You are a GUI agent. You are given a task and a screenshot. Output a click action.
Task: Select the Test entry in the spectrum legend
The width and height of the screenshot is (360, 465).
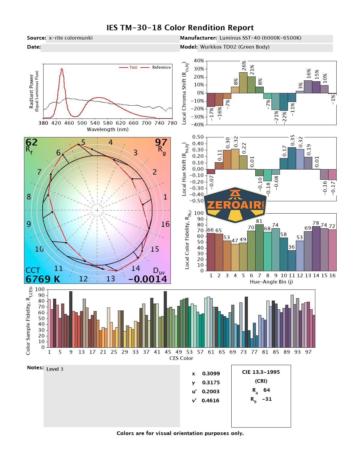[x=133, y=67]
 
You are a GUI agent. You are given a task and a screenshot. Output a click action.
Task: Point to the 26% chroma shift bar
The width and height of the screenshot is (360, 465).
[x=243, y=82]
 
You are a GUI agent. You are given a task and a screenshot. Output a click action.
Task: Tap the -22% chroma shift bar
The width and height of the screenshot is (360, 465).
[x=283, y=102]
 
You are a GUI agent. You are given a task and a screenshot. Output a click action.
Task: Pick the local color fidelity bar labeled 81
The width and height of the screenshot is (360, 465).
[x=259, y=247]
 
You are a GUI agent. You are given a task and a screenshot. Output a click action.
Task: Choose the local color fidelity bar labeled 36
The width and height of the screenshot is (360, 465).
[x=292, y=260]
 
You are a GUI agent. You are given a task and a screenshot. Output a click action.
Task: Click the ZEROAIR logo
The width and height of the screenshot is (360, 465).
[x=235, y=205]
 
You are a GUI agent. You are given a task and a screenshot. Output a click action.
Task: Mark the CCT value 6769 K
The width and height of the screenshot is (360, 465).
[x=43, y=279]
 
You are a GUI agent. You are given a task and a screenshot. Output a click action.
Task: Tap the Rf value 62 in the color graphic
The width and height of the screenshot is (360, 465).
[x=31, y=142]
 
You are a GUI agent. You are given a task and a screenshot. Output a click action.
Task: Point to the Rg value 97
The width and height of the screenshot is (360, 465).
[x=161, y=142]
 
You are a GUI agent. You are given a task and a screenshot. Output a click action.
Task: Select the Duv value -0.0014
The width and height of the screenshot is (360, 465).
[x=148, y=279]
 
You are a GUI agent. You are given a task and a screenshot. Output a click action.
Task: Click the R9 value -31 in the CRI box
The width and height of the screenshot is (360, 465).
[x=267, y=399]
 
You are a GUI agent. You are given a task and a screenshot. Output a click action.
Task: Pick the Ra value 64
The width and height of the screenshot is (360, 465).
[x=266, y=390]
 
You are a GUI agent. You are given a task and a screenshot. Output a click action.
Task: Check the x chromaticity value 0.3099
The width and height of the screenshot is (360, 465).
[x=211, y=373]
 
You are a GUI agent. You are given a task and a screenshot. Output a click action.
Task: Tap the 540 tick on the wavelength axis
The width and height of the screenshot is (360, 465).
[x=95, y=123]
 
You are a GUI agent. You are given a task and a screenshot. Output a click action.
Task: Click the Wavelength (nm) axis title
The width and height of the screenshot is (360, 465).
[x=108, y=130]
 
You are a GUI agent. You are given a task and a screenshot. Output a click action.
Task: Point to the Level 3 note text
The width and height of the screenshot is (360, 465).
[x=55, y=369]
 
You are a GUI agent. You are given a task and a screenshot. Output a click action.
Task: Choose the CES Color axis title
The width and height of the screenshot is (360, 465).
[x=181, y=358]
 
